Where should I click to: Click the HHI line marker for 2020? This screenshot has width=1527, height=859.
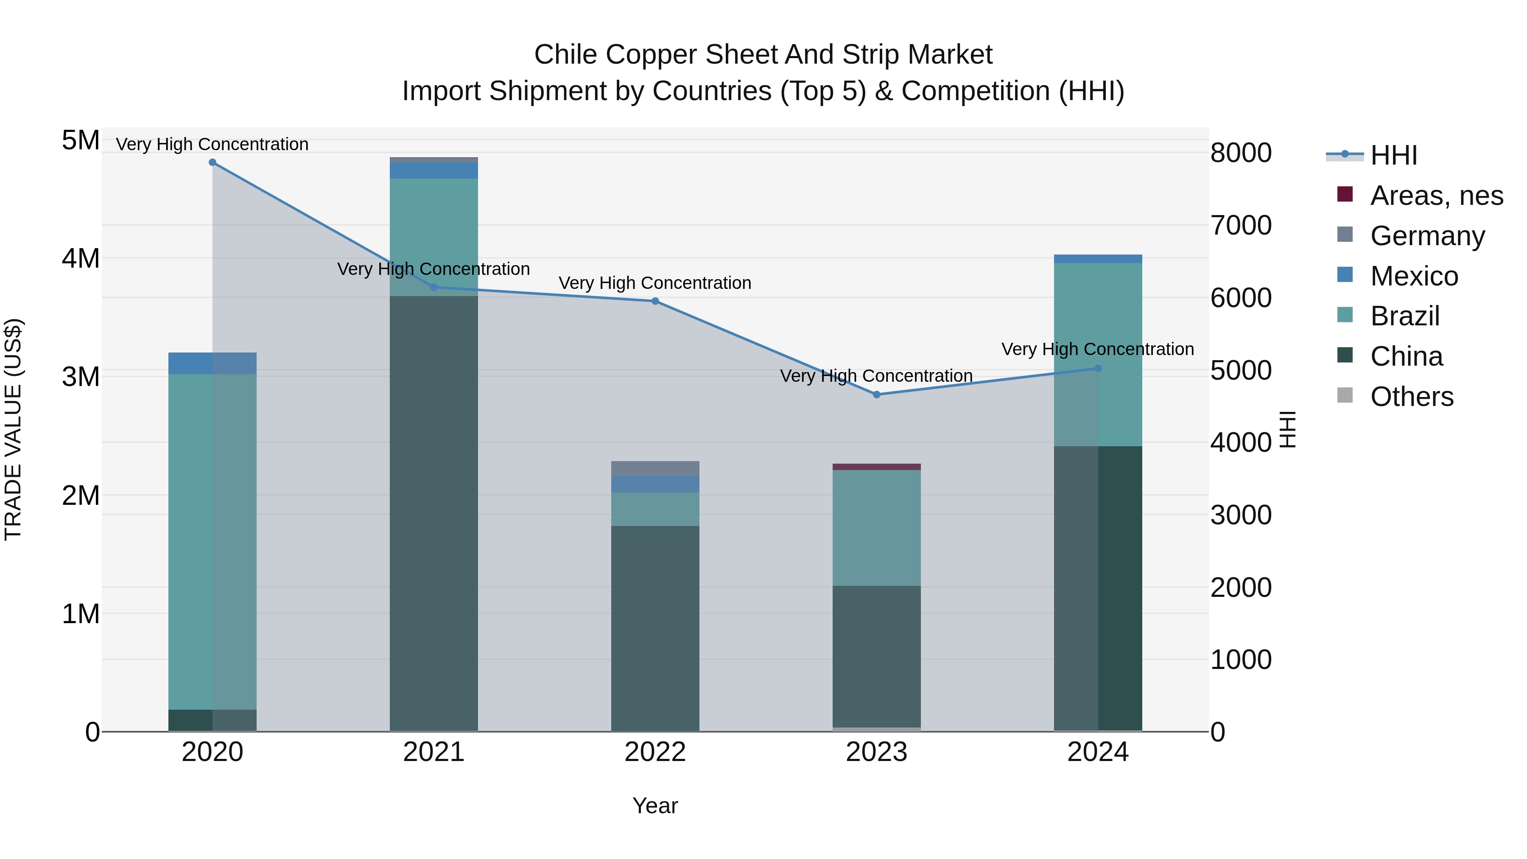(x=212, y=162)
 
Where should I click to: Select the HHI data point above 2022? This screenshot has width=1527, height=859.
(x=655, y=301)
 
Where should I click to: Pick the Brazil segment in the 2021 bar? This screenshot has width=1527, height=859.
(x=434, y=237)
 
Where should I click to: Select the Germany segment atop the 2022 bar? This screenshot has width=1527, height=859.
(x=655, y=468)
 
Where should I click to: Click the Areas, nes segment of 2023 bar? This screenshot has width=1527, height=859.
(x=877, y=467)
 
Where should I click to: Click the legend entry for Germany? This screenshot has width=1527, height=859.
(x=1427, y=236)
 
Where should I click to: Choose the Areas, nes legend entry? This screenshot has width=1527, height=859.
(x=1436, y=196)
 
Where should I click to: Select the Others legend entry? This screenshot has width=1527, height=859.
(x=1411, y=397)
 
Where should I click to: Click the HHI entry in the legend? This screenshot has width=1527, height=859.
(x=1393, y=155)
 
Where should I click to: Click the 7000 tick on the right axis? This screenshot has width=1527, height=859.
(x=1241, y=225)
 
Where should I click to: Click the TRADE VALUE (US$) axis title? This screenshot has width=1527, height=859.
(x=13, y=429)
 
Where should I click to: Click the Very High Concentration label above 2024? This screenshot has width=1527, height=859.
(x=1098, y=349)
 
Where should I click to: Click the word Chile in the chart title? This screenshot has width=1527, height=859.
(x=565, y=55)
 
